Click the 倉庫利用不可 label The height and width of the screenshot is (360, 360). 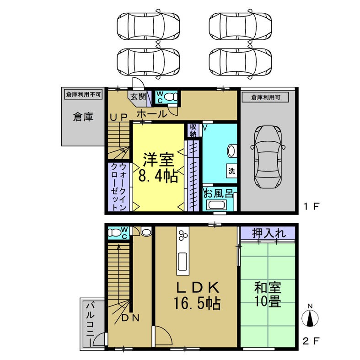click(83, 95)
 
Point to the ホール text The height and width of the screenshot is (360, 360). click(151, 114)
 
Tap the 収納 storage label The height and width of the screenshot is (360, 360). click(193, 130)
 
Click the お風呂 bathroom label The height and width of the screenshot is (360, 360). click(218, 193)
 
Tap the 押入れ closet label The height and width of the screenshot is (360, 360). click(269, 233)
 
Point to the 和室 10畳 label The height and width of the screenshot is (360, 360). click(267, 295)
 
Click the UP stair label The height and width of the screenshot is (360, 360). click(118, 117)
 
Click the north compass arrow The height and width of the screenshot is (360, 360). click(310, 317)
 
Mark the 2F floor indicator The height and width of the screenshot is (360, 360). click(311, 341)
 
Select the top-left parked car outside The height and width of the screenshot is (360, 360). click(147, 25)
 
